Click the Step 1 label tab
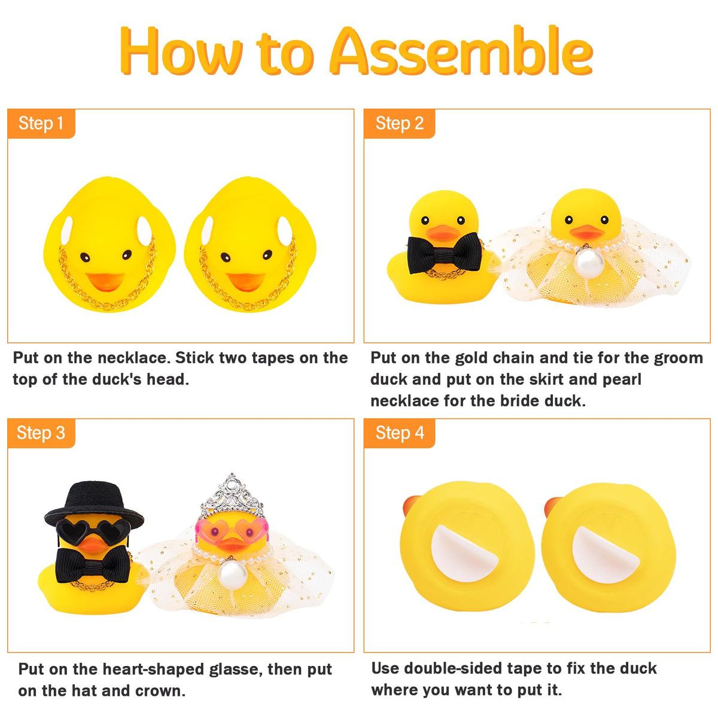tap(41, 124)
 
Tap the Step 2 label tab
tap(399, 124)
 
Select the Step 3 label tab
tap(41, 433)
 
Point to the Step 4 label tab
tap(399, 433)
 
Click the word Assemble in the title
tap(461, 51)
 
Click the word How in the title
tap(181, 51)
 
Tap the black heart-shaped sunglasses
tap(93, 530)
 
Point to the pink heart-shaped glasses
tap(232, 530)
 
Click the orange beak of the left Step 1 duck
tap(105, 282)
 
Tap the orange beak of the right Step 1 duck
tap(245, 282)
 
